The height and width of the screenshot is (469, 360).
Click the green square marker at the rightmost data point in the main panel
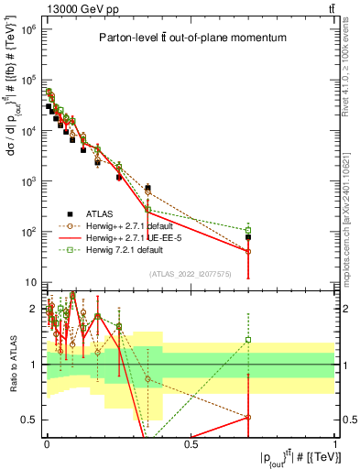pos(248,230)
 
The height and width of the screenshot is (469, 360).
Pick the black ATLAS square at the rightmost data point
pos(248,237)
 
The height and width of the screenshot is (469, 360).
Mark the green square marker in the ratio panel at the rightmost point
pos(248,340)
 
